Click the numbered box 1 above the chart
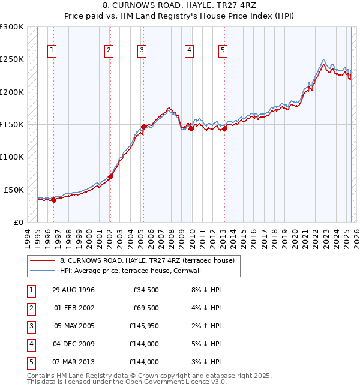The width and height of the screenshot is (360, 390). point(53,51)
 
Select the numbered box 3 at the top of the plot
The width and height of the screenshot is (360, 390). point(142,51)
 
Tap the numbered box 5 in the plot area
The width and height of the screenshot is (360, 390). point(223,51)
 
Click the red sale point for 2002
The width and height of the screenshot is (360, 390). point(110,176)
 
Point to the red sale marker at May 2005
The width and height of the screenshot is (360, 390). point(143,127)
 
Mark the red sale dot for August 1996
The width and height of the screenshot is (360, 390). point(54,200)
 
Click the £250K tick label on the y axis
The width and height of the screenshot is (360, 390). point(12,59)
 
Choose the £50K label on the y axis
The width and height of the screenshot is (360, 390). point(14,190)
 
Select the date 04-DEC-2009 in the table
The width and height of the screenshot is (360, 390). point(73,344)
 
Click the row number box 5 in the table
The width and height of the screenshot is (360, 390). point(29,362)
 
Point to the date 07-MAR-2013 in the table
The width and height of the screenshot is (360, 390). point(73,362)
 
